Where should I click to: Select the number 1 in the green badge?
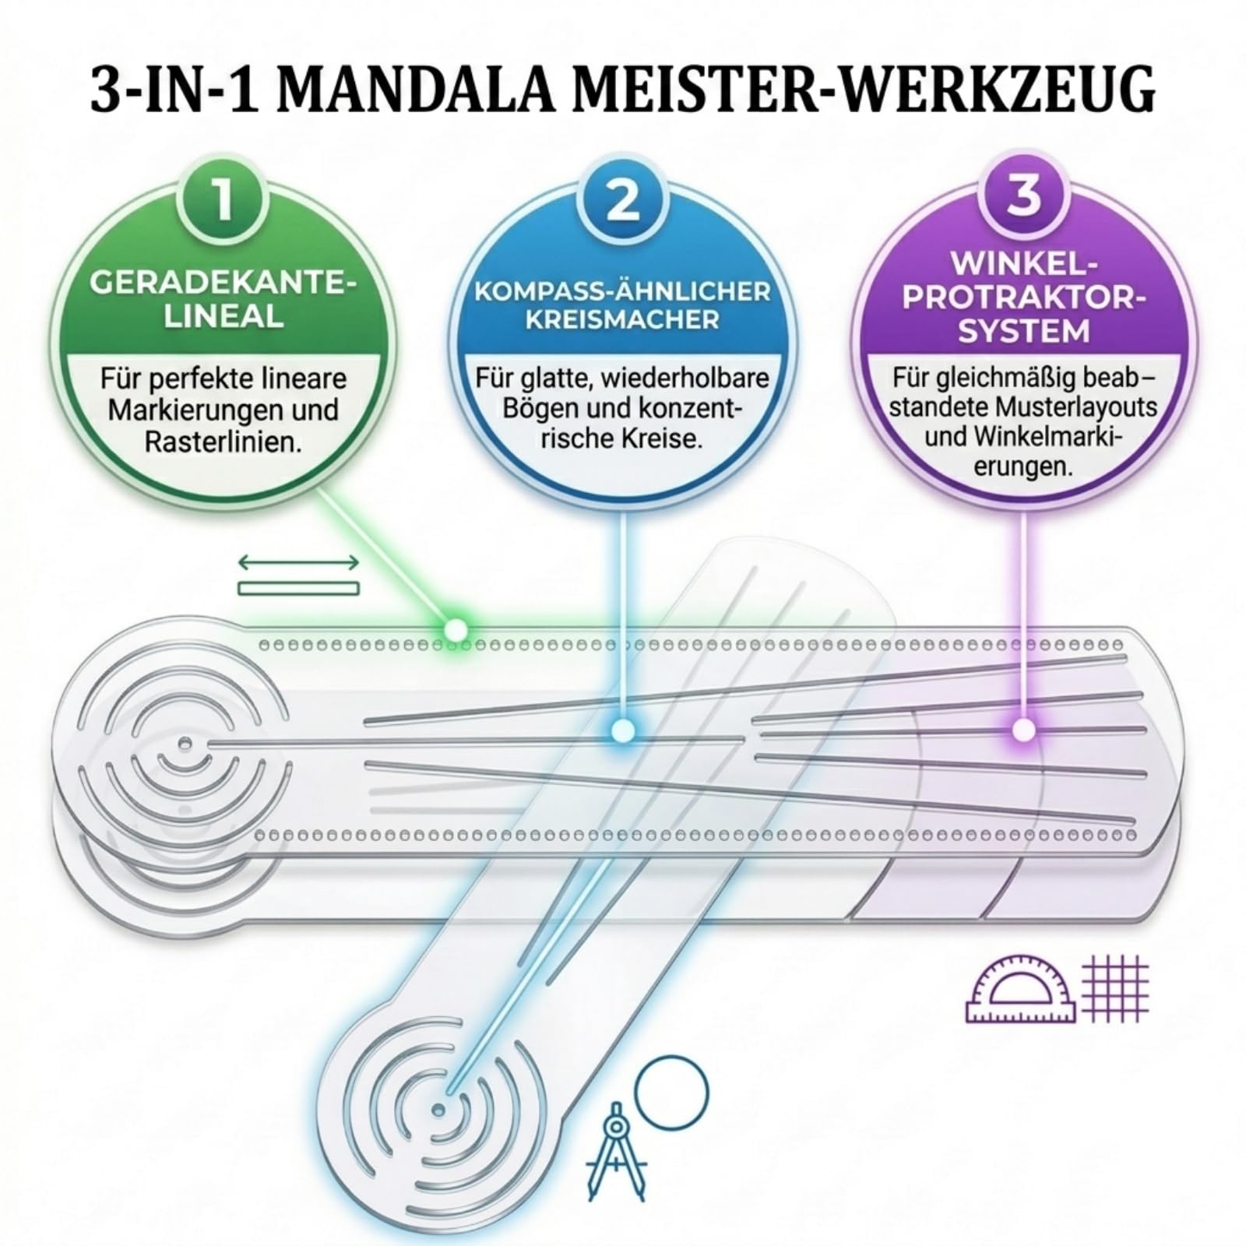224,199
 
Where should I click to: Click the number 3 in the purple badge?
1023,195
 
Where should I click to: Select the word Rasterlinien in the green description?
223,442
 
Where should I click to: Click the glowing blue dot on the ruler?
622,730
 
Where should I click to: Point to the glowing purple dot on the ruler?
1024,730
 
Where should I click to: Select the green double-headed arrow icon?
298,562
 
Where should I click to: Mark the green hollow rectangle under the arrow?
298,588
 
